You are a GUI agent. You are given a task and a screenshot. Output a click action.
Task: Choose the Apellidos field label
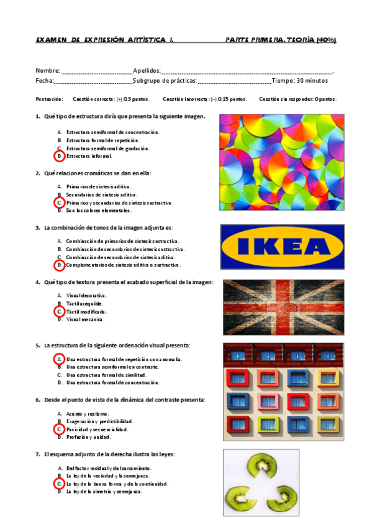click(147, 71)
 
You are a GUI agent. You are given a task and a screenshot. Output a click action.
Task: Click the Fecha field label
click(44, 81)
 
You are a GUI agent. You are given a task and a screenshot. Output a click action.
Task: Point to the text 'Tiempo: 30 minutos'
click(300, 81)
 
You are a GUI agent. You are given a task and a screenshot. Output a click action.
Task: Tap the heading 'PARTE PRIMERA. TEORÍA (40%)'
click(281, 40)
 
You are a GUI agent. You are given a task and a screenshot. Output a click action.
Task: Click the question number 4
click(38, 282)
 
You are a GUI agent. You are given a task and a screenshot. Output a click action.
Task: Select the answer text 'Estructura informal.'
click(89, 156)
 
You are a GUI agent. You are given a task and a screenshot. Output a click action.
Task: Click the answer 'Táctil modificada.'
click(86, 311)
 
